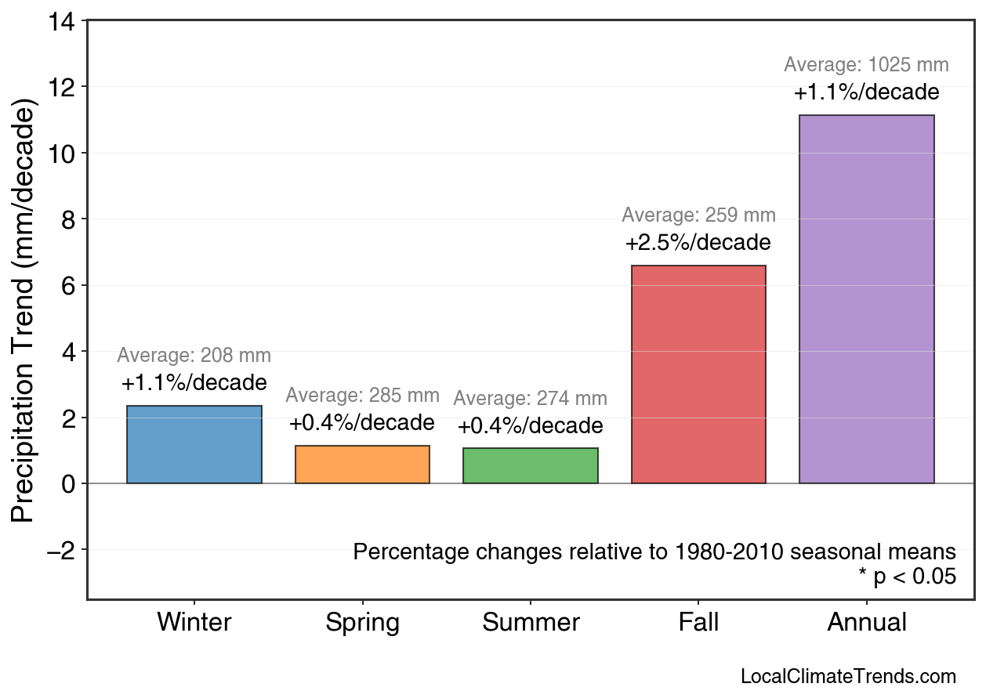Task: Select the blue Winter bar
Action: (194, 444)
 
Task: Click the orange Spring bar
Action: (362, 465)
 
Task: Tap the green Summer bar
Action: (531, 465)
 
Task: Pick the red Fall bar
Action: (698, 374)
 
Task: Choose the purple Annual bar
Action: (866, 299)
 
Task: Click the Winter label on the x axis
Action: (194, 623)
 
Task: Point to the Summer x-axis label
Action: (531, 623)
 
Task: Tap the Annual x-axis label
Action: (867, 623)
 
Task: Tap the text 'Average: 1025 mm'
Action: (866, 65)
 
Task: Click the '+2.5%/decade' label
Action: (698, 243)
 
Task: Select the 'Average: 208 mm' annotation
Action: (194, 356)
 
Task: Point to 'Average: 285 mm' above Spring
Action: (362, 396)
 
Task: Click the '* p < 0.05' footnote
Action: (907, 577)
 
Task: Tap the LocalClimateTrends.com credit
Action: (848, 677)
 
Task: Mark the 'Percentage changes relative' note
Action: (654, 552)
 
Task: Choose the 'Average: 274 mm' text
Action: (531, 399)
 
